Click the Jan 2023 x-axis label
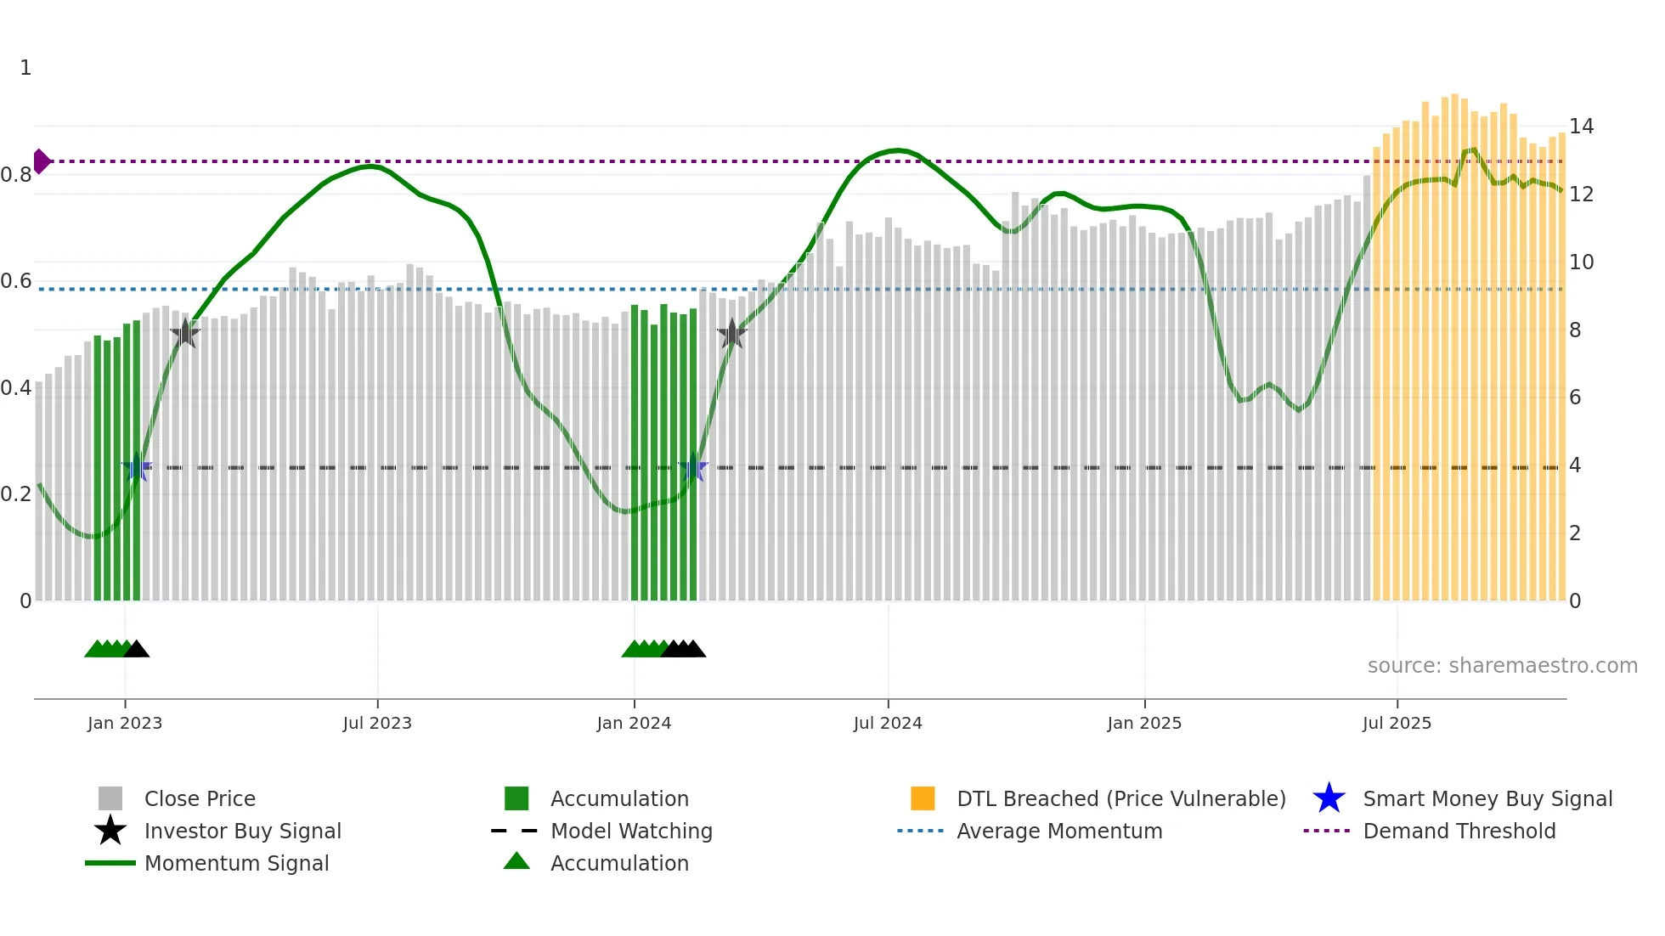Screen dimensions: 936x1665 tap(125, 724)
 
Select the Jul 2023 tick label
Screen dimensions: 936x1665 tap(377, 724)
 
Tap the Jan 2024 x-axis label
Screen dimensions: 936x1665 tap(634, 724)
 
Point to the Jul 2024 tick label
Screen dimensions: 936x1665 tap(888, 724)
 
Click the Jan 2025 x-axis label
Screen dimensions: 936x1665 tap(1144, 724)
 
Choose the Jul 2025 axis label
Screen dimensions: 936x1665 tap(1397, 724)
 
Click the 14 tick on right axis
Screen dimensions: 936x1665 tap(1581, 127)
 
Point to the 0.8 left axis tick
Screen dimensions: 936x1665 tap(16, 175)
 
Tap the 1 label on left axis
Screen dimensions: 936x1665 tap(25, 68)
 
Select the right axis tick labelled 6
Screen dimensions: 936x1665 tap(1575, 398)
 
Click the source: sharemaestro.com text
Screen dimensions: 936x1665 tap(1502, 666)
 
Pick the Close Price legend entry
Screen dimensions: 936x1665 tap(200, 799)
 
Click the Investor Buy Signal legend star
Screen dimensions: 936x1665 tap(110, 831)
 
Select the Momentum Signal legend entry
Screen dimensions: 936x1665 tap(236, 864)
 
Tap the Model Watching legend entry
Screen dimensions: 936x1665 tap(631, 832)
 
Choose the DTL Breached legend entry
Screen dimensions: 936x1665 tap(1120, 799)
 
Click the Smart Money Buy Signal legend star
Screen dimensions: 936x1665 tap(1329, 798)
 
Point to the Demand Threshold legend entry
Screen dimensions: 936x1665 tap(1459, 832)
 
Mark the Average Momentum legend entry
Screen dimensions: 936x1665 tap(1059, 832)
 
